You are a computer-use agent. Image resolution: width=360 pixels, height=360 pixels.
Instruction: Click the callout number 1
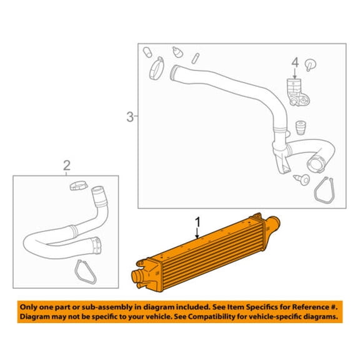[x=197, y=222]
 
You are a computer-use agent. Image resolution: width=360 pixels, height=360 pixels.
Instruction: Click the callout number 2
[x=67, y=165]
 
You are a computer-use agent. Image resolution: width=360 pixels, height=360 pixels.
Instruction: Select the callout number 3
[x=130, y=117]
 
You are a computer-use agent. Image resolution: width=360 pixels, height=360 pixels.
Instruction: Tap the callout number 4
[x=295, y=62]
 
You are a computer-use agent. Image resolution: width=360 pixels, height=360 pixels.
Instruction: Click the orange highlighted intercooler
[x=206, y=252]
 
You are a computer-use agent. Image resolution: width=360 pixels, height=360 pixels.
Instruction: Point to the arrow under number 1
[x=197, y=233]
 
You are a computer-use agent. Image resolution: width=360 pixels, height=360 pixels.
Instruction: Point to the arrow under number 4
[x=295, y=73]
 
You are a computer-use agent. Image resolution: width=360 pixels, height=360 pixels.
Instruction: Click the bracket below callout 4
[x=297, y=92]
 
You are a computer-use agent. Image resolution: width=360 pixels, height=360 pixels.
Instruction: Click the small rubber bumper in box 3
[x=301, y=127]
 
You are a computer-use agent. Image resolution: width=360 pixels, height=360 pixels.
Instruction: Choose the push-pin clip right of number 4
[x=310, y=65]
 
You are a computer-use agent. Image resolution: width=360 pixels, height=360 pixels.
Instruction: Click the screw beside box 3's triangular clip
[x=302, y=179]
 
